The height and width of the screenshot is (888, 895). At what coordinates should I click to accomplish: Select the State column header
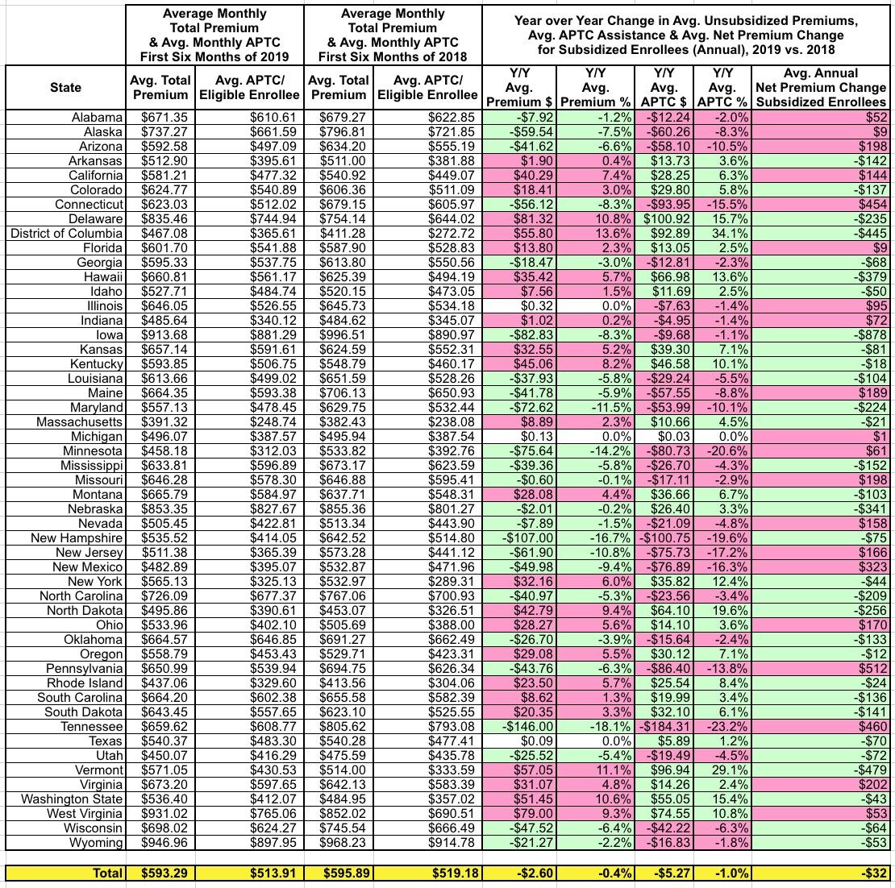(65, 87)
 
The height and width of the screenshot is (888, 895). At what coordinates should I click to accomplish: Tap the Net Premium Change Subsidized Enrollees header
(819, 88)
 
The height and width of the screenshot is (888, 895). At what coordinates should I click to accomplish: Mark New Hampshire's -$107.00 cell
(521, 537)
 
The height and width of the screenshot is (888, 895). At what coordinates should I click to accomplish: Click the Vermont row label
(101, 770)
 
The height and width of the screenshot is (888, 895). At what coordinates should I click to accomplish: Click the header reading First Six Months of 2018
(394, 56)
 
